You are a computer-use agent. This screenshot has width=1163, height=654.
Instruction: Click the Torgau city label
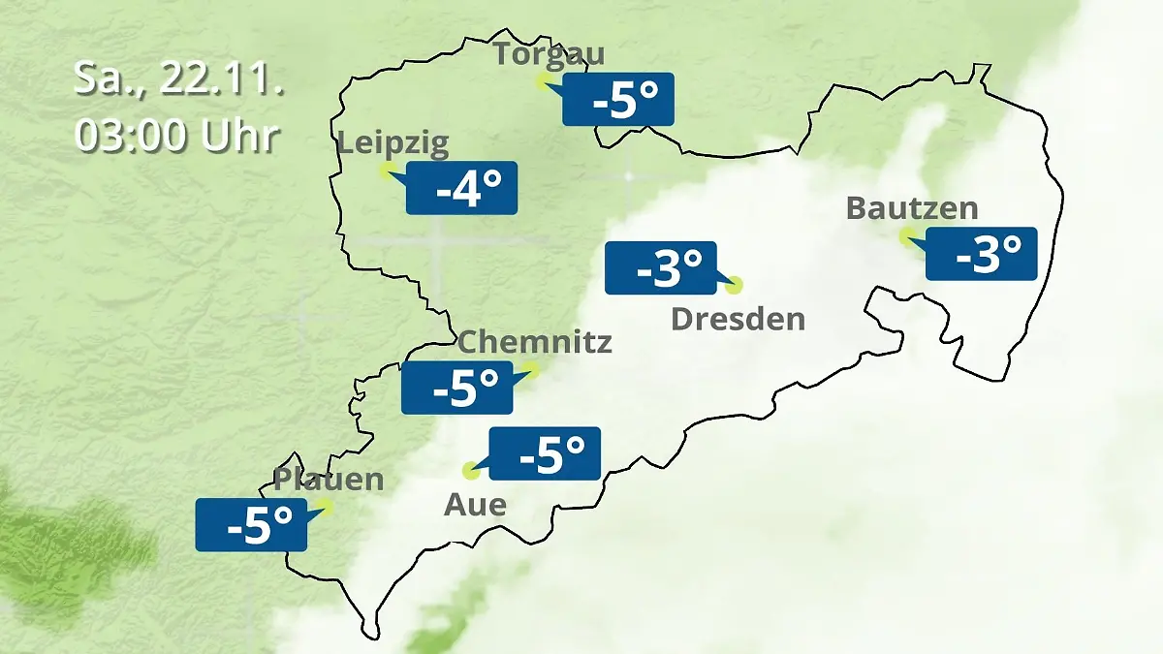click(x=549, y=53)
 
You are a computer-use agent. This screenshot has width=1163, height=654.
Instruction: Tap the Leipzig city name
click(x=393, y=144)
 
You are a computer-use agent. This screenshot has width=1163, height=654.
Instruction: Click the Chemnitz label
click(x=534, y=341)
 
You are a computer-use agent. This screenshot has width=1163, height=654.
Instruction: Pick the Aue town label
click(x=475, y=504)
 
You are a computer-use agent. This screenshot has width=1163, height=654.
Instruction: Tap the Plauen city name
click(x=329, y=479)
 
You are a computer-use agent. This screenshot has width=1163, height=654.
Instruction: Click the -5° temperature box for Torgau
click(x=618, y=100)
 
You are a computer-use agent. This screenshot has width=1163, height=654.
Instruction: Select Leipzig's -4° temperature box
click(x=461, y=188)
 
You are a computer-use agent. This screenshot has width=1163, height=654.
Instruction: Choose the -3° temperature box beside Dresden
click(x=660, y=267)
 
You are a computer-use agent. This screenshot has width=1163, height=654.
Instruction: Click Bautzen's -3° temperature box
click(x=981, y=254)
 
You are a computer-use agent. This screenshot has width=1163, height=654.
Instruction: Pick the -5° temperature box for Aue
click(x=545, y=453)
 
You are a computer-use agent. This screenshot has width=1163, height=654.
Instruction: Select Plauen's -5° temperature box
click(x=251, y=525)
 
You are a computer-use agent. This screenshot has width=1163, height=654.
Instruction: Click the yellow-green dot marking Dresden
click(x=734, y=285)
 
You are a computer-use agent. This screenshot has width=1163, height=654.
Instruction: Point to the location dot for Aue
click(x=471, y=471)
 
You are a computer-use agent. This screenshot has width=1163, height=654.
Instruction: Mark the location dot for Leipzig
click(x=386, y=171)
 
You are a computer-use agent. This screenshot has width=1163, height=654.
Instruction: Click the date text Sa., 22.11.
click(x=178, y=79)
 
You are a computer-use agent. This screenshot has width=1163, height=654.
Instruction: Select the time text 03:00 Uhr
click(x=178, y=136)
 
